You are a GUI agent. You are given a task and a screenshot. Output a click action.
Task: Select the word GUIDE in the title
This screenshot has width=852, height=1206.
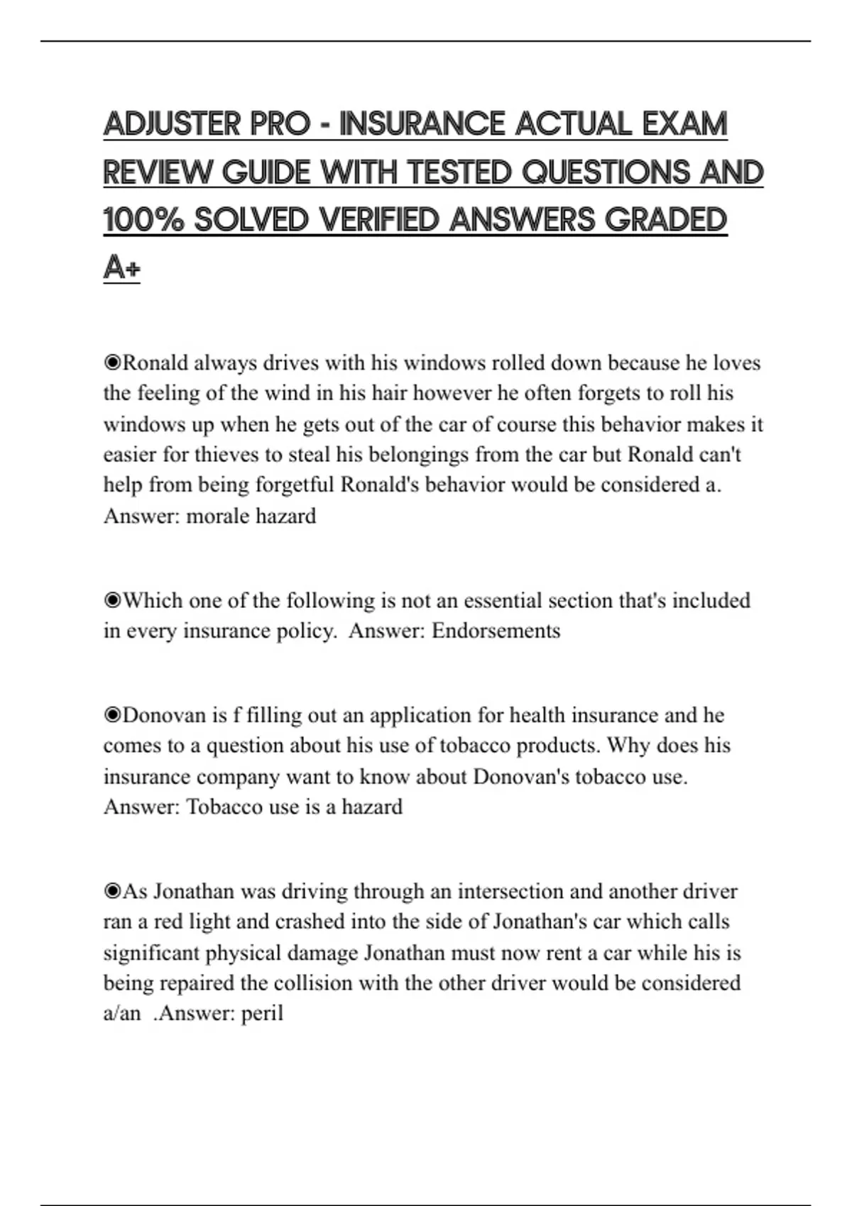266,172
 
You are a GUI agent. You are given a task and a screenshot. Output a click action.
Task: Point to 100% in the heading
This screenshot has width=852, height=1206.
143,220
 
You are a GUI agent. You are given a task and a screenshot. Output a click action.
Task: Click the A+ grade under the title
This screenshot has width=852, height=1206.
121,268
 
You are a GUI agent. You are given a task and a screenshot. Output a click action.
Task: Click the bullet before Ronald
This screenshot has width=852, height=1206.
112,363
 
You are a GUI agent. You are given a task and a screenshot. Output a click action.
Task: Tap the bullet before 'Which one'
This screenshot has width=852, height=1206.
112,601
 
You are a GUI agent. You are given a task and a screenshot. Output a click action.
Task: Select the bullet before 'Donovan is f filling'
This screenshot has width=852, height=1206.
112,715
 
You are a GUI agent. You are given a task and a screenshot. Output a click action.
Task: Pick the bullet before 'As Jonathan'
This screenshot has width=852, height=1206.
112,891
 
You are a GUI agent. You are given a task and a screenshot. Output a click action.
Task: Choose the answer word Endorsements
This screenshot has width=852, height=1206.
496,631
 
